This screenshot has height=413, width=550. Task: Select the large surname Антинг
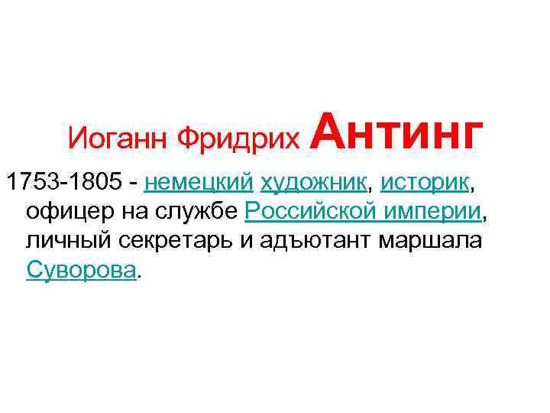tap(396, 131)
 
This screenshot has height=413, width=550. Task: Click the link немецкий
tap(198, 184)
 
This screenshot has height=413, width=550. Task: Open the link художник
tap(312, 184)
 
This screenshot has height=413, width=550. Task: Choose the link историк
tap(425, 184)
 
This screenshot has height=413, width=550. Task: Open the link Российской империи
tap(364, 212)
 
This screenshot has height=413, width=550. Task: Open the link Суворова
tap(82, 269)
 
